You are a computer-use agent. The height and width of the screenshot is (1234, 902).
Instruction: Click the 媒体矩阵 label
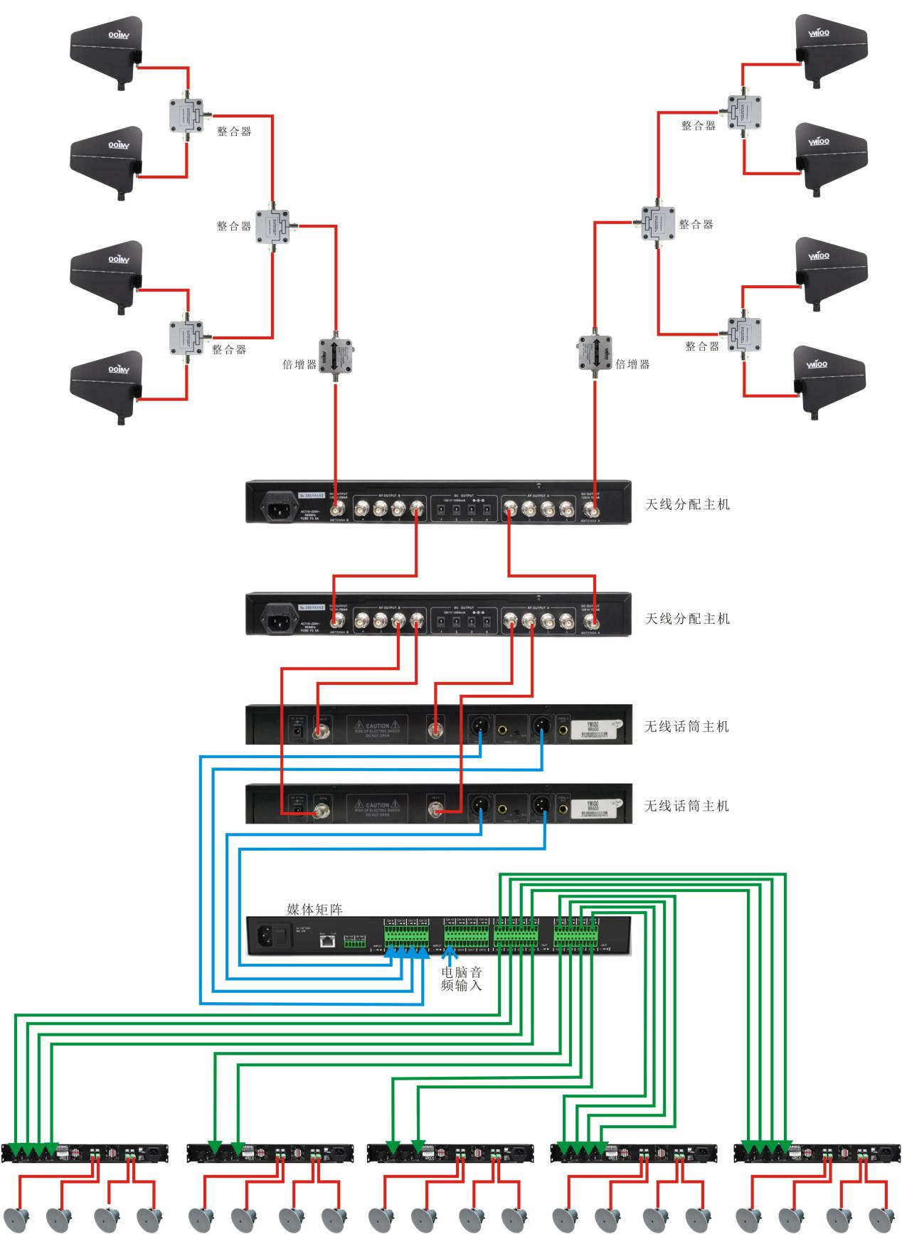314,909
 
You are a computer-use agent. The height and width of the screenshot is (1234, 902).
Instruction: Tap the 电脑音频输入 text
461,979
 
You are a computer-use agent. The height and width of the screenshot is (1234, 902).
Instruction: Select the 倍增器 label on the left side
299,364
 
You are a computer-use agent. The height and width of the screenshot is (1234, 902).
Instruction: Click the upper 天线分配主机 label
687,504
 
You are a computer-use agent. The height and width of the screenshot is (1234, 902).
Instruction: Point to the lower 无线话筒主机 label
686,806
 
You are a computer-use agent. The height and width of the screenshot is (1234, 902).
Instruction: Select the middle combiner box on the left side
275,227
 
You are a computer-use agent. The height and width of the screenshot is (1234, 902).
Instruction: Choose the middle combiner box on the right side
658,223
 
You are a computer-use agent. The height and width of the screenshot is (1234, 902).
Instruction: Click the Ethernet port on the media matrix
328,941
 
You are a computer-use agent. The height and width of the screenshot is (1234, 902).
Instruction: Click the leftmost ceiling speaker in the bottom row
16,1218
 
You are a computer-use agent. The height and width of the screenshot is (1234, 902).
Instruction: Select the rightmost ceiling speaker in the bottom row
883,1218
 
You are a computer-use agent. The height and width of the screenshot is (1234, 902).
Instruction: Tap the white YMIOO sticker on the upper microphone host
592,727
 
